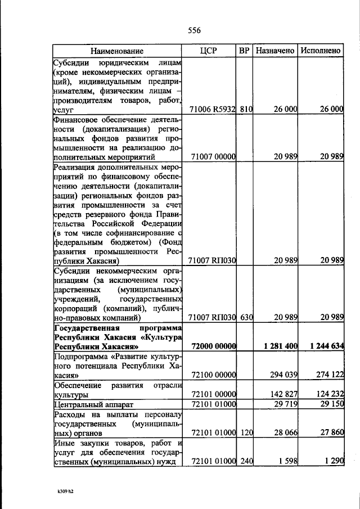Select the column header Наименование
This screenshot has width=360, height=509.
[x=116, y=51]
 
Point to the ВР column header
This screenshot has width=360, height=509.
[x=244, y=51]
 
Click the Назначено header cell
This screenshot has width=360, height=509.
[x=275, y=51]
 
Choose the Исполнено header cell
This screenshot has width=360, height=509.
[x=320, y=51]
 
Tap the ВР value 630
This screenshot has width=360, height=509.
[x=245, y=317]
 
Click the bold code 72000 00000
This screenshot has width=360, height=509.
[x=213, y=346]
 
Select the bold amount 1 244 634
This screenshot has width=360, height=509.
[x=322, y=346]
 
